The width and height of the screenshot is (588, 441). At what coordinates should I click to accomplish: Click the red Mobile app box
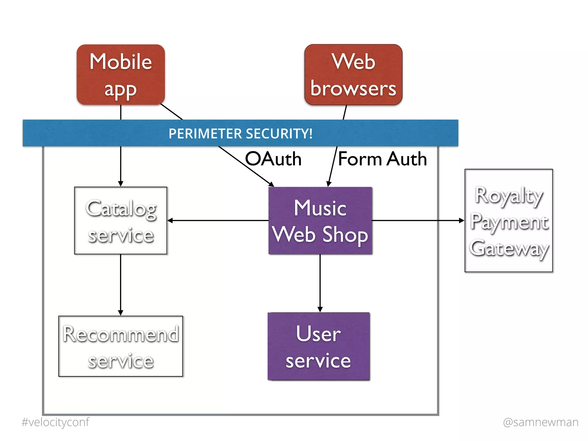pyautogui.click(x=121, y=75)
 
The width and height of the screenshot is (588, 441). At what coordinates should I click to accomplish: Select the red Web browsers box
pyautogui.click(x=353, y=75)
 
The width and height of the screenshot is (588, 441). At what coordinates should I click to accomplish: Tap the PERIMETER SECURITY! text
pyautogui.click(x=240, y=134)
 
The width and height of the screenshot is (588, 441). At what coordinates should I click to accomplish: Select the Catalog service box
pyautogui.click(x=121, y=220)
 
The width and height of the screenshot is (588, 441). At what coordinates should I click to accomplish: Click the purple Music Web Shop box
pyautogui.click(x=320, y=220)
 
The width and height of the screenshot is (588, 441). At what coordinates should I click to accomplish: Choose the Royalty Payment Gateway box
pyautogui.click(x=508, y=220)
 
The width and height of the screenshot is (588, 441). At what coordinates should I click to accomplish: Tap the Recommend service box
pyautogui.click(x=121, y=346)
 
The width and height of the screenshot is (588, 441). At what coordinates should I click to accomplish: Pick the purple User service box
pyautogui.click(x=319, y=346)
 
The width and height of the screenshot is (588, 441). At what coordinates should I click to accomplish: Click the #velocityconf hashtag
pyautogui.click(x=55, y=422)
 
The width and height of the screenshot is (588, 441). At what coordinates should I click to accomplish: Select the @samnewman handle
pyautogui.click(x=541, y=422)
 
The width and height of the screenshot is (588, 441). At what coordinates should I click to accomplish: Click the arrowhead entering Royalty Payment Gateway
pyautogui.click(x=462, y=220)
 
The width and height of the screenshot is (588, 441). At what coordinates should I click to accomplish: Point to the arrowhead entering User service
pyautogui.click(x=320, y=310)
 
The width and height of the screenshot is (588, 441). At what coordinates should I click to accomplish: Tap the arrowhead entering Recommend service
pyautogui.click(x=121, y=313)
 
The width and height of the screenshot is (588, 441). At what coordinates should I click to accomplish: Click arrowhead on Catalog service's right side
pyautogui.click(x=170, y=220)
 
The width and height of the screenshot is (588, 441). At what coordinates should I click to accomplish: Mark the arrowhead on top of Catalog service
pyautogui.click(x=121, y=184)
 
